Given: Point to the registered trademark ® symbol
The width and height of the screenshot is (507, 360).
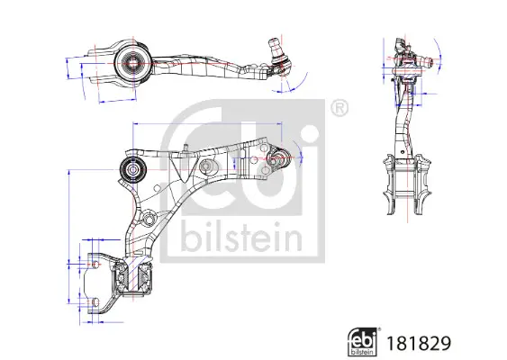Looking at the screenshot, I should click(x=340, y=107).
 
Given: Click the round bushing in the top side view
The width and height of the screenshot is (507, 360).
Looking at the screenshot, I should click(x=131, y=63).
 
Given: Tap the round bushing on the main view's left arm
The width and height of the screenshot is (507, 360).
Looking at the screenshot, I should click(x=135, y=168).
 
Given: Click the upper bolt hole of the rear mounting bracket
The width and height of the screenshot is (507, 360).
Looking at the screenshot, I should click(x=98, y=263).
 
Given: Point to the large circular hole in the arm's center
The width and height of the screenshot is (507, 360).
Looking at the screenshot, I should click(x=207, y=168).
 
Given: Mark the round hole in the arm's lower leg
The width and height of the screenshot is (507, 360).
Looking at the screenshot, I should click(x=145, y=218).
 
